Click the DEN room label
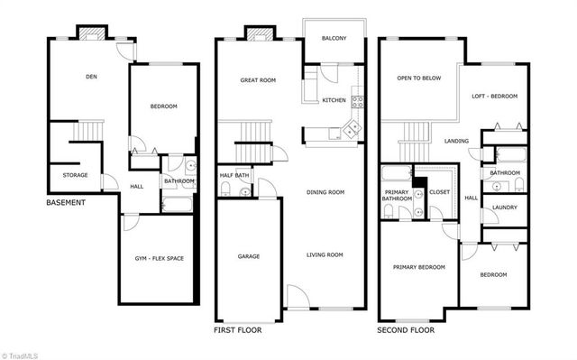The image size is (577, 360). (91, 77)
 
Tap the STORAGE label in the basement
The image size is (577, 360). (75, 175)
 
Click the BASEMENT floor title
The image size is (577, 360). (66, 203)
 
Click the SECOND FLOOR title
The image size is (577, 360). (406, 330)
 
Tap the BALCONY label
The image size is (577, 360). (334, 38)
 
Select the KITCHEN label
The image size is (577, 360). (334, 100)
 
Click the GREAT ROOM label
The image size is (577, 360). (258, 80)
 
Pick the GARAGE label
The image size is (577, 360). (249, 256)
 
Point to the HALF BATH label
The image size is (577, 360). (234, 175)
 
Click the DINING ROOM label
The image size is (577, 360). (325, 192)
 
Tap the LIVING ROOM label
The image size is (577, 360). (325, 255)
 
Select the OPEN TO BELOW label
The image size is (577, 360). (419, 78)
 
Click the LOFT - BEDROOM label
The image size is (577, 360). (495, 96)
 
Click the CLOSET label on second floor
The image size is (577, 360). (440, 192)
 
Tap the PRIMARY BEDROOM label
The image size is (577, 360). (418, 267)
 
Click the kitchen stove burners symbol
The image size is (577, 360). (357, 100)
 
